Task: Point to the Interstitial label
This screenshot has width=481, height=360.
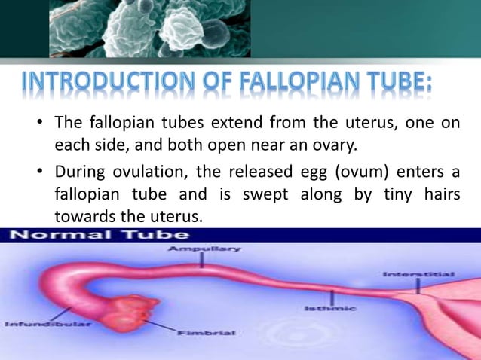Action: tap(428, 273)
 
